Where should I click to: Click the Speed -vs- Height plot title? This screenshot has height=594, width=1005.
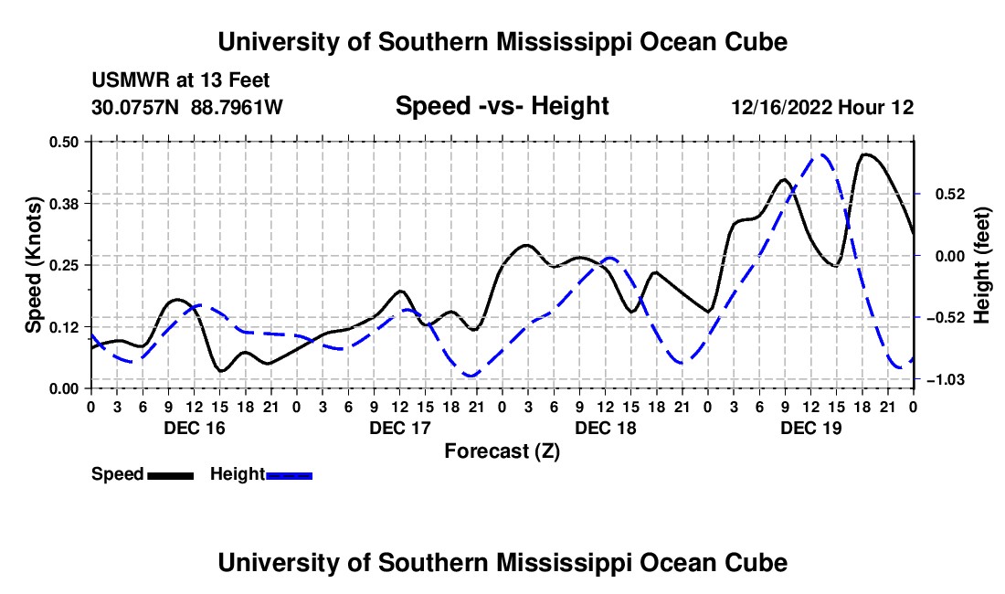tap(502, 106)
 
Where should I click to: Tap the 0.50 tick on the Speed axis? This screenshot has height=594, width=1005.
tap(63, 142)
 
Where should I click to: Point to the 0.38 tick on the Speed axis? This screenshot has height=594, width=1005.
tap(63, 204)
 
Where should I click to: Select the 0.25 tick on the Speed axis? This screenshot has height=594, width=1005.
tap(63, 265)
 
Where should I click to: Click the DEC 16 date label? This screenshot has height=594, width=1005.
tap(195, 428)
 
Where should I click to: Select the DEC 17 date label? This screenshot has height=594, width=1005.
tap(400, 428)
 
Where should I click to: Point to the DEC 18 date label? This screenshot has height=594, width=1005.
tap(606, 428)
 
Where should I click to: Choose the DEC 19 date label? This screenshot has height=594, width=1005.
tap(810, 428)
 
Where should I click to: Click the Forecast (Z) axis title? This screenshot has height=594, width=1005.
tap(502, 451)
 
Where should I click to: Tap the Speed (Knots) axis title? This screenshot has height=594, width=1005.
tap(33, 265)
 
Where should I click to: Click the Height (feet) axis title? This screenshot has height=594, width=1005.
tap(981, 265)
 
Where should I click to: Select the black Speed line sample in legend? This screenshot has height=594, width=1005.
tap(171, 476)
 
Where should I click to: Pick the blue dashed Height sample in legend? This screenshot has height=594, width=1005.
tap(289, 476)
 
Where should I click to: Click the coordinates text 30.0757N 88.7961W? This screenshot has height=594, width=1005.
tap(186, 107)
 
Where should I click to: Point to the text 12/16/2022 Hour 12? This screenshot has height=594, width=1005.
tap(822, 107)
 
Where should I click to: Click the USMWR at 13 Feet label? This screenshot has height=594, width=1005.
tap(181, 80)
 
